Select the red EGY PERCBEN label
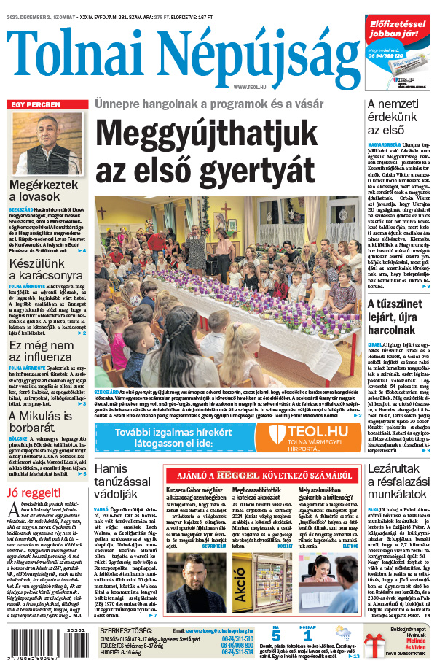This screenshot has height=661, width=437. point(35,104)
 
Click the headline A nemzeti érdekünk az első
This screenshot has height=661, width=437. point(394,119)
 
